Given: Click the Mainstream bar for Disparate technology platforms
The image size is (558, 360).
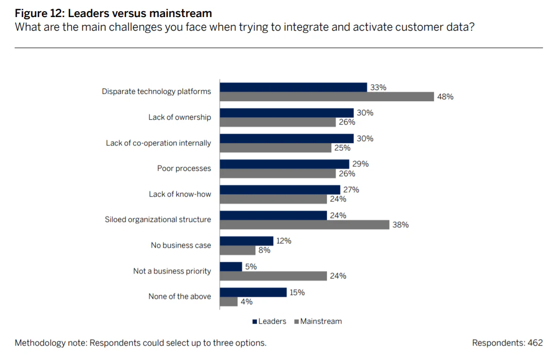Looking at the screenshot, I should (326, 97).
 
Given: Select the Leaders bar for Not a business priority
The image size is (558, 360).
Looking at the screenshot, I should (231, 267).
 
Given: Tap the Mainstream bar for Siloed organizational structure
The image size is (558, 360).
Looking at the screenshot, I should (304, 225).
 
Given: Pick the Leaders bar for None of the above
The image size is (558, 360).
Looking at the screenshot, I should (253, 292).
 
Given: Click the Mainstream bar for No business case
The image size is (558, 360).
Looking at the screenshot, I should (237, 251).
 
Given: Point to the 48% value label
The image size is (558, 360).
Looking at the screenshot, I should (445, 97).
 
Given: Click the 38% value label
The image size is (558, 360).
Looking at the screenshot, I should (400, 225).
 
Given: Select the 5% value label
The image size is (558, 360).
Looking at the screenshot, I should (251, 267).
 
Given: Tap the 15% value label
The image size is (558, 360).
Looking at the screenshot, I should (297, 292).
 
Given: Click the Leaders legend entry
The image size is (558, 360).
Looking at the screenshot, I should (269, 321).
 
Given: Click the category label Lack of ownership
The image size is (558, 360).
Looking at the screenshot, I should (180, 117).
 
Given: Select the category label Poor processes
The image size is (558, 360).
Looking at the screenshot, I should (184, 168).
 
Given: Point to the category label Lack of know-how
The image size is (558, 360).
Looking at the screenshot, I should (180, 194).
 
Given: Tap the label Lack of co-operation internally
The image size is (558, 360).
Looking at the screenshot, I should (159, 143).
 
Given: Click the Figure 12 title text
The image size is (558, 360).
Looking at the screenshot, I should (113, 13).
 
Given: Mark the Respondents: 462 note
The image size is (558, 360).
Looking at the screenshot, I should (507, 343).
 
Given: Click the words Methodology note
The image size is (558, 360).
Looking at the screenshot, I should (50, 343).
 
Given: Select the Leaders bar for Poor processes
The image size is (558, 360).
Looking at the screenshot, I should (285, 164).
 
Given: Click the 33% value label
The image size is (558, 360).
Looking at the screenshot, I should (378, 88).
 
